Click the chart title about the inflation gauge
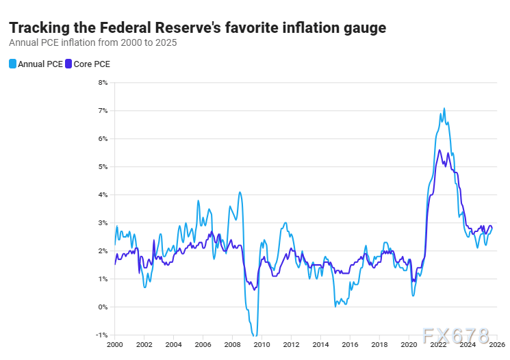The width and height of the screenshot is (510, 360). pyautogui.click(x=197, y=28)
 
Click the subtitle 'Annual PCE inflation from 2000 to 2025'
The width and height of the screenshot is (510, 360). pyautogui.click(x=92, y=42)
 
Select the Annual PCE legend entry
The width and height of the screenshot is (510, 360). pyautogui.click(x=36, y=64)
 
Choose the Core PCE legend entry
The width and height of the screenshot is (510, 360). pyautogui.click(x=87, y=64)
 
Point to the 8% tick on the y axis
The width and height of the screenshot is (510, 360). pyautogui.click(x=103, y=83)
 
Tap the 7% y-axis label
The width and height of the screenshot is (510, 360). pyautogui.click(x=103, y=111)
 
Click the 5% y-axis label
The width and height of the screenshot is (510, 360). pyautogui.click(x=103, y=167)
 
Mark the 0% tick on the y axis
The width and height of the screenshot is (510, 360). pyautogui.click(x=103, y=307)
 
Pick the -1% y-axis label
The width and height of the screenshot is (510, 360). pyautogui.click(x=103, y=335)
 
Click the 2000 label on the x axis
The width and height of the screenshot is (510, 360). pyautogui.click(x=115, y=344)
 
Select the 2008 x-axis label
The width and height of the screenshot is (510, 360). pyautogui.click(x=232, y=344)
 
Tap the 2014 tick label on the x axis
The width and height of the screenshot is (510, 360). pyautogui.click(x=320, y=344)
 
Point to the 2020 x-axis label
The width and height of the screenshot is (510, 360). pyautogui.click(x=409, y=344)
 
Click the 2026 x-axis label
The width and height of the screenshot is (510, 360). pyautogui.click(x=497, y=344)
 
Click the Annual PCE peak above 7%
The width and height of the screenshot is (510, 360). pyautogui.click(x=444, y=108)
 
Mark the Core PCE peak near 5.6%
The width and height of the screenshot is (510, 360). pyautogui.click(x=439, y=150)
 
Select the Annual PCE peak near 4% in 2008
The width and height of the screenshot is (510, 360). pyautogui.click(x=240, y=192)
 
